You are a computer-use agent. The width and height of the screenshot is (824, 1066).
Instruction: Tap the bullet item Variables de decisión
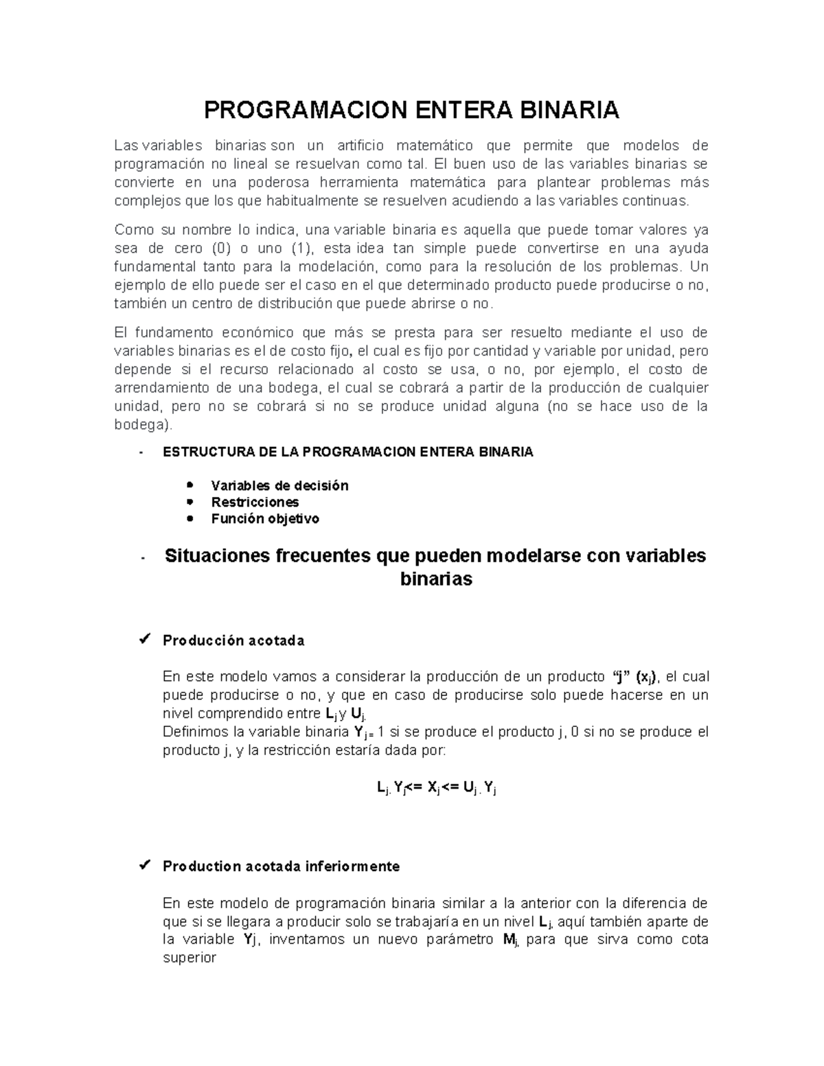click(279, 486)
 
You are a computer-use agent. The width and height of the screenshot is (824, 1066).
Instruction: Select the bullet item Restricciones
click(255, 502)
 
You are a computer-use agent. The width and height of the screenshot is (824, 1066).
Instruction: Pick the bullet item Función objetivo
click(265, 519)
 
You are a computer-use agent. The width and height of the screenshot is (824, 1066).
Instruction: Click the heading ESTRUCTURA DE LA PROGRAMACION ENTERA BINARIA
click(347, 452)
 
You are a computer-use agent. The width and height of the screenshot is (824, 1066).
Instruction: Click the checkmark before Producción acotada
click(144, 640)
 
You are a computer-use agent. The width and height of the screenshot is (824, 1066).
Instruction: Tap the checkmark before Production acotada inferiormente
click(144, 866)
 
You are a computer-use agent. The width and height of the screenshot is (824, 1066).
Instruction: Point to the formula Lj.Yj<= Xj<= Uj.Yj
click(436, 788)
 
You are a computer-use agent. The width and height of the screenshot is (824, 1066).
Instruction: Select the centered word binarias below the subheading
click(436, 579)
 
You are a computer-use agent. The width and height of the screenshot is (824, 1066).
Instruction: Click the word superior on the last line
click(190, 958)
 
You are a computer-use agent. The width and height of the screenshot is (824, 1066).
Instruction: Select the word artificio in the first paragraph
click(360, 146)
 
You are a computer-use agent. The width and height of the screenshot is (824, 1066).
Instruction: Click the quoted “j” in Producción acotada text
click(621, 677)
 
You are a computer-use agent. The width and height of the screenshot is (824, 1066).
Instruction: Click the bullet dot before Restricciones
click(190, 502)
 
